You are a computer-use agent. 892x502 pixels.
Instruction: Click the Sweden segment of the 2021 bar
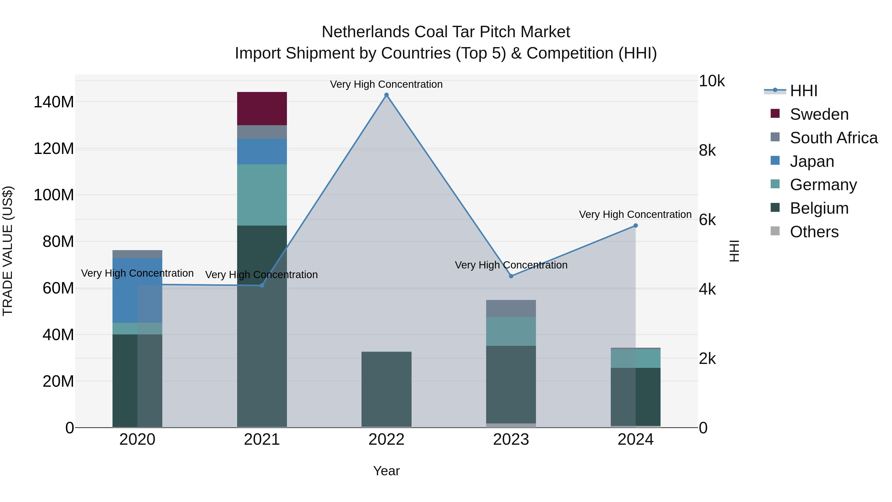262,108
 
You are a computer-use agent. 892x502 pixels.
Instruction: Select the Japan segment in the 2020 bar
137,290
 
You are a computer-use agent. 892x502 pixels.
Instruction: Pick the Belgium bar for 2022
387,389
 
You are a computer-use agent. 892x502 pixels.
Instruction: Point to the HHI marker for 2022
387,95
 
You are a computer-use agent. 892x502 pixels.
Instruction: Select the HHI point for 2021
262,286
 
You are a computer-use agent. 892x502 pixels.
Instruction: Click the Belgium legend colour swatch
775,208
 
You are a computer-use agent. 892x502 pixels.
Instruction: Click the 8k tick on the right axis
707,150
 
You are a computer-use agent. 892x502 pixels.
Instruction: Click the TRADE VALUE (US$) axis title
8,251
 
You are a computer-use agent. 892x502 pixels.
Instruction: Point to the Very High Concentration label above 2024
635,214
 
